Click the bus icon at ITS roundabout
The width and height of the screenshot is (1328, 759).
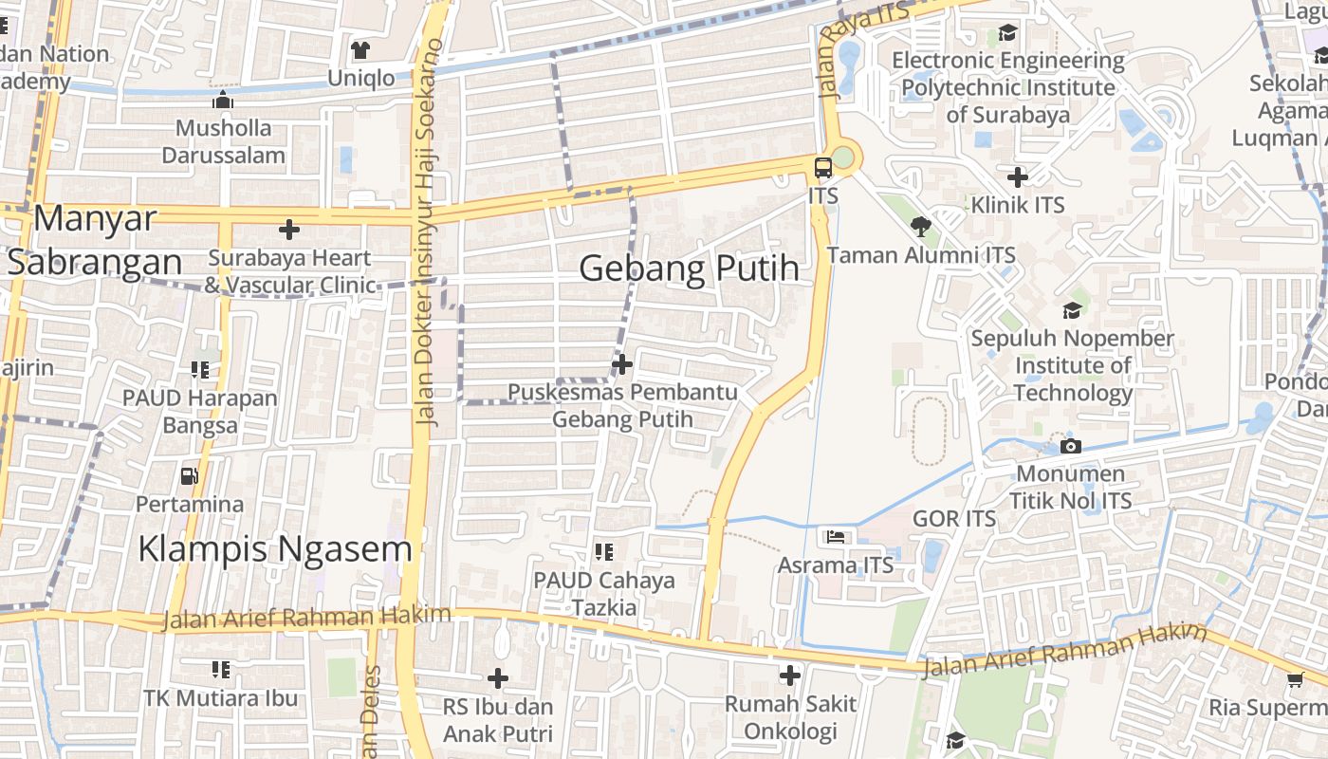(x=823, y=169)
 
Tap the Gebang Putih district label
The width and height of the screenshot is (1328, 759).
(x=690, y=268)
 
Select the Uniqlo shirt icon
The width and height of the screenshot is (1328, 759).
(x=360, y=50)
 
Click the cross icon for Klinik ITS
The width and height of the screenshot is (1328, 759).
(x=1018, y=176)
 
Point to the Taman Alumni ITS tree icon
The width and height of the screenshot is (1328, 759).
(x=920, y=227)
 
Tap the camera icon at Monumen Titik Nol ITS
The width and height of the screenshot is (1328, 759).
(x=1071, y=446)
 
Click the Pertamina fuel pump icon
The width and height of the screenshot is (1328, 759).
(x=190, y=475)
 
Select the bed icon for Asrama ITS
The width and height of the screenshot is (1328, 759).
(x=835, y=537)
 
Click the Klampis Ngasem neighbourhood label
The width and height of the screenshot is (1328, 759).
(x=275, y=548)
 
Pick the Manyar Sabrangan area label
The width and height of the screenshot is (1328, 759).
(x=95, y=240)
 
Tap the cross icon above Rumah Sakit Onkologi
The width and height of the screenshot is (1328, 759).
(x=790, y=676)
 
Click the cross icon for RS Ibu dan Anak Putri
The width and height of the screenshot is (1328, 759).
(x=498, y=678)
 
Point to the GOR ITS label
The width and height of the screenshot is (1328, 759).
(x=954, y=519)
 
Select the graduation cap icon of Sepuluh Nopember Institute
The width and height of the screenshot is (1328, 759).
(x=1072, y=310)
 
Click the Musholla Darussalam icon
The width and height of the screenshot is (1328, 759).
(x=224, y=101)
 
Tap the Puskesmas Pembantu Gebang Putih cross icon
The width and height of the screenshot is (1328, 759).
(x=622, y=364)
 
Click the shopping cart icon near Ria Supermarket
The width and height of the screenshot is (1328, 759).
(x=1296, y=679)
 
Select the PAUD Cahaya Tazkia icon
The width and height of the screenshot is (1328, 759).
(x=603, y=551)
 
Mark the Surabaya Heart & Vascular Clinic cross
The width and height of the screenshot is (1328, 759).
(x=289, y=230)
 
